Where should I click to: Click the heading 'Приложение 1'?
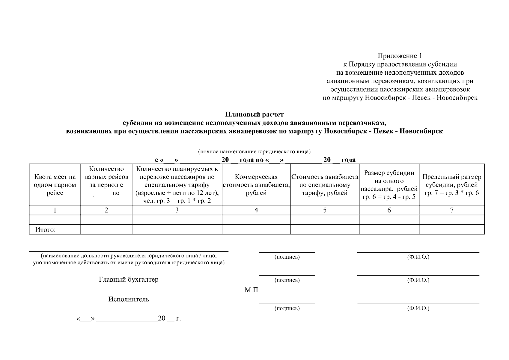(400, 56)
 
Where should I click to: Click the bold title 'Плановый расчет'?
(254, 114)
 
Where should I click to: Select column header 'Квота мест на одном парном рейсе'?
(55, 185)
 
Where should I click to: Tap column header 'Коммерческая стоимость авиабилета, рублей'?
(256, 185)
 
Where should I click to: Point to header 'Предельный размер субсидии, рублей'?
(451, 185)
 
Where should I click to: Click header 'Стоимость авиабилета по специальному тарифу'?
(325, 185)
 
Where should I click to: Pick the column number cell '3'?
(177, 210)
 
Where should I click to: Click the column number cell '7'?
(451, 210)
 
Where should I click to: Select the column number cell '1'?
(55, 210)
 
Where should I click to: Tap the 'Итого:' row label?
(46, 230)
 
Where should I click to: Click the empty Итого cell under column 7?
(451, 229)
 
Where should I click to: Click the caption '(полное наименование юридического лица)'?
(254, 151)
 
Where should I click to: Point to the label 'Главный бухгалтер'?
(129, 280)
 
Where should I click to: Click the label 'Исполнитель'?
(129, 299)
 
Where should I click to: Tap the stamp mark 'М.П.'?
(252, 290)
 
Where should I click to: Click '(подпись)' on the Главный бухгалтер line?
(287, 280)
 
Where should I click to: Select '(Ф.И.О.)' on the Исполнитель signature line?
(418, 308)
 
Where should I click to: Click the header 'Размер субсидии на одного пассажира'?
(389, 185)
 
